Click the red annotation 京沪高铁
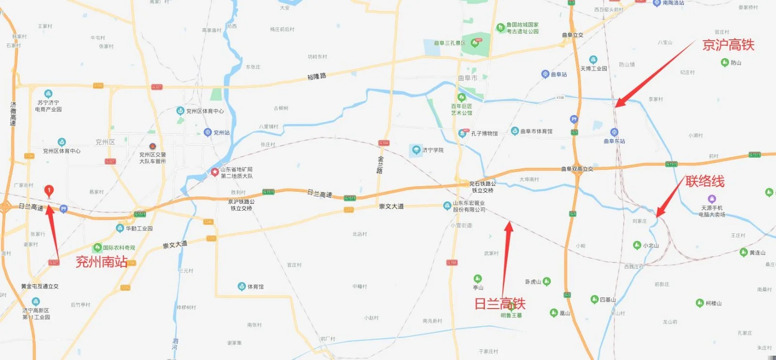(728, 45)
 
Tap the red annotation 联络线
(705, 181)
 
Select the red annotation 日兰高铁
(500, 304)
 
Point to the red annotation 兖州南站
(101, 262)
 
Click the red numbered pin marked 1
(48, 191)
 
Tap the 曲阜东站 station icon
(614, 132)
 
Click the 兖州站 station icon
(208, 132)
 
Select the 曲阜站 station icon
(545, 74)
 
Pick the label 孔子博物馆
(484, 133)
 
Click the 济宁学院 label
(433, 150)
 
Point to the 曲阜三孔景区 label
(450, 43)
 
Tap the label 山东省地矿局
(236, 169)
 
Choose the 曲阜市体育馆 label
(536, 131)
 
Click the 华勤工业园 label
(139, 228)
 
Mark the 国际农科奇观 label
(119, 247)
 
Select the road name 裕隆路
(317, 77)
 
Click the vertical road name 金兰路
(380, 165)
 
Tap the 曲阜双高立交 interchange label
(577, 169)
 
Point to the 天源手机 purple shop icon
(711, 198)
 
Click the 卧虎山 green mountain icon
(547, 281)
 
